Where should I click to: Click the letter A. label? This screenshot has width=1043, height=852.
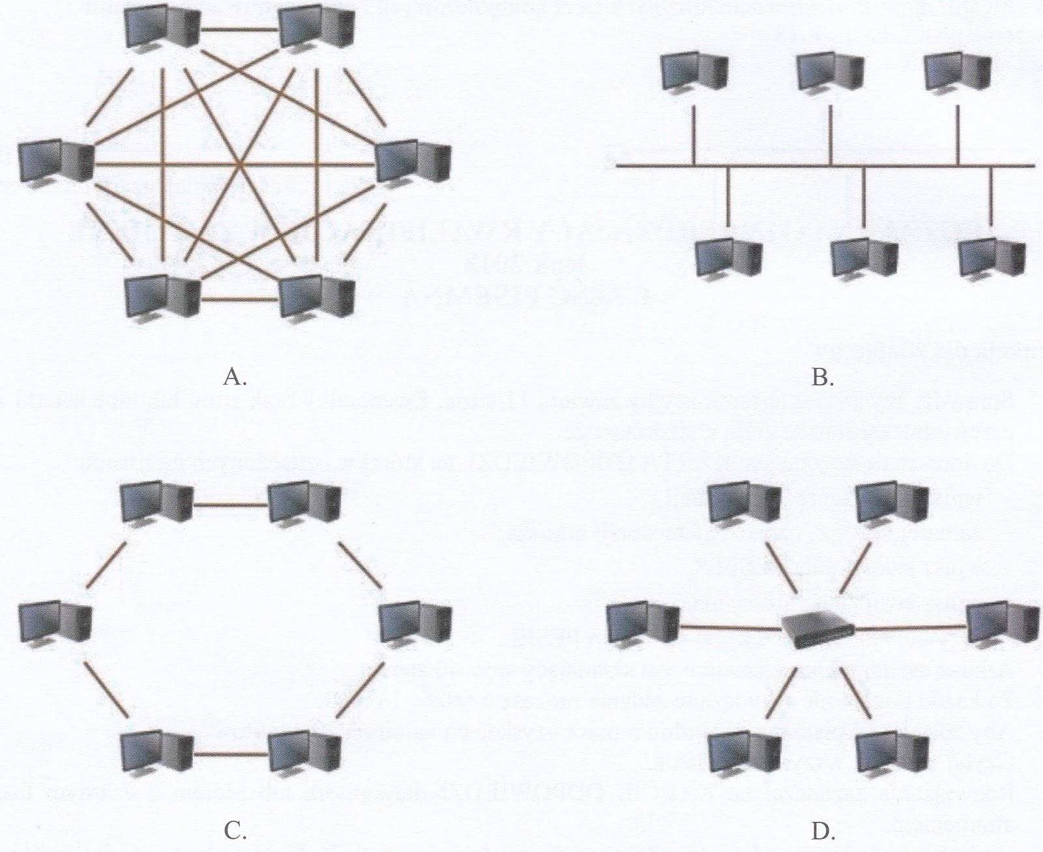click(234, 377)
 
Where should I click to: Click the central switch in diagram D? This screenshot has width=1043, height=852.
click(818, 630)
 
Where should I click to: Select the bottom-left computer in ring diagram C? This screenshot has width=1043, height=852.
click(156, 753)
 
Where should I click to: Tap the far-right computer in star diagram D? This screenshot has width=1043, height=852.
click(1002, 624)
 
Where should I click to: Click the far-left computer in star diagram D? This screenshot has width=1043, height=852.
click(643, 624)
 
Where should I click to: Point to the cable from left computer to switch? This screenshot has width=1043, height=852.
click(730, 628)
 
